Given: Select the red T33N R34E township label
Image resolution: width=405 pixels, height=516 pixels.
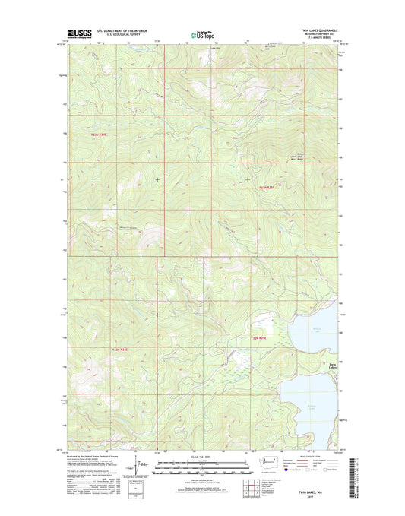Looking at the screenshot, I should click(100, 135).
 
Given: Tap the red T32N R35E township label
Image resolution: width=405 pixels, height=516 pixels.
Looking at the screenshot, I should click(259, 338).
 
